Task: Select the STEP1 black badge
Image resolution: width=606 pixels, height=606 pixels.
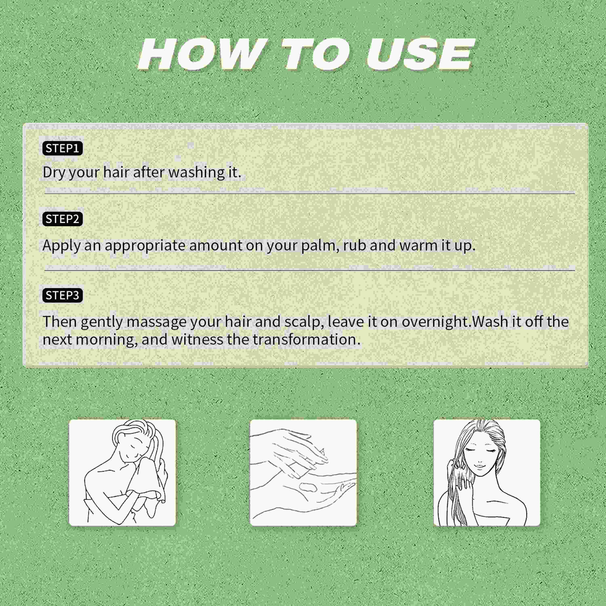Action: [62, 148]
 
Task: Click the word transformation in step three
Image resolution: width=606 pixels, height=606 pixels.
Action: [306, 340]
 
